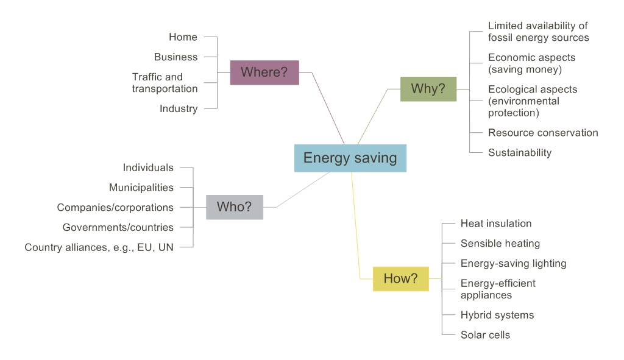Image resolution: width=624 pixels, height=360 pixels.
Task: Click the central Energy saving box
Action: [350, 158]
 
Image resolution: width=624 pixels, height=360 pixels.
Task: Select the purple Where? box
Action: [264, 72]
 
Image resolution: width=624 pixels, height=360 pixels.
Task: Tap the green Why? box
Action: [428, 88]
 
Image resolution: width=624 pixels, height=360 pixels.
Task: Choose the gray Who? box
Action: [234, 207]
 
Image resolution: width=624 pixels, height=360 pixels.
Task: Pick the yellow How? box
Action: [400, 278]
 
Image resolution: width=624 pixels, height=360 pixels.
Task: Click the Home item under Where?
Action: [183, 37]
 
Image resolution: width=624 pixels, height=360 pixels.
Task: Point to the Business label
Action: [175, 57]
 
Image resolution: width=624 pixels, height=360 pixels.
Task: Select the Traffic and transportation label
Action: [165, 83]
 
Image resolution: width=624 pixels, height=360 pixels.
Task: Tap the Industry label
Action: [179, 108]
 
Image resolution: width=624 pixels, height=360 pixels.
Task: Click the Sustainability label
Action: [519, 152]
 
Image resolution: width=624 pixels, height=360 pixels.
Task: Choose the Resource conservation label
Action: [542, 132]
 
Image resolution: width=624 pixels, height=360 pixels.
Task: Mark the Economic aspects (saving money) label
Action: [531, 63]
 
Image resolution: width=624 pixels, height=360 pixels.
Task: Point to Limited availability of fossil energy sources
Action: [538, 32]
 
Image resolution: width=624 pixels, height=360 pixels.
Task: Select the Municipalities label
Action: [141, 187]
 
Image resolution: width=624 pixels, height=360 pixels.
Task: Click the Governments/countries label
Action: [118, 227]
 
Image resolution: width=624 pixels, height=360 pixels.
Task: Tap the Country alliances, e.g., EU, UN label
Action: [99, 247]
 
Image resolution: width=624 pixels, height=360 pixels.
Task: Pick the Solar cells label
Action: [485, 334]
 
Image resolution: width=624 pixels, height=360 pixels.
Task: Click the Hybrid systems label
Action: [497, 315]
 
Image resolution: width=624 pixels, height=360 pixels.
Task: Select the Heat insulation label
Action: [495, 224]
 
